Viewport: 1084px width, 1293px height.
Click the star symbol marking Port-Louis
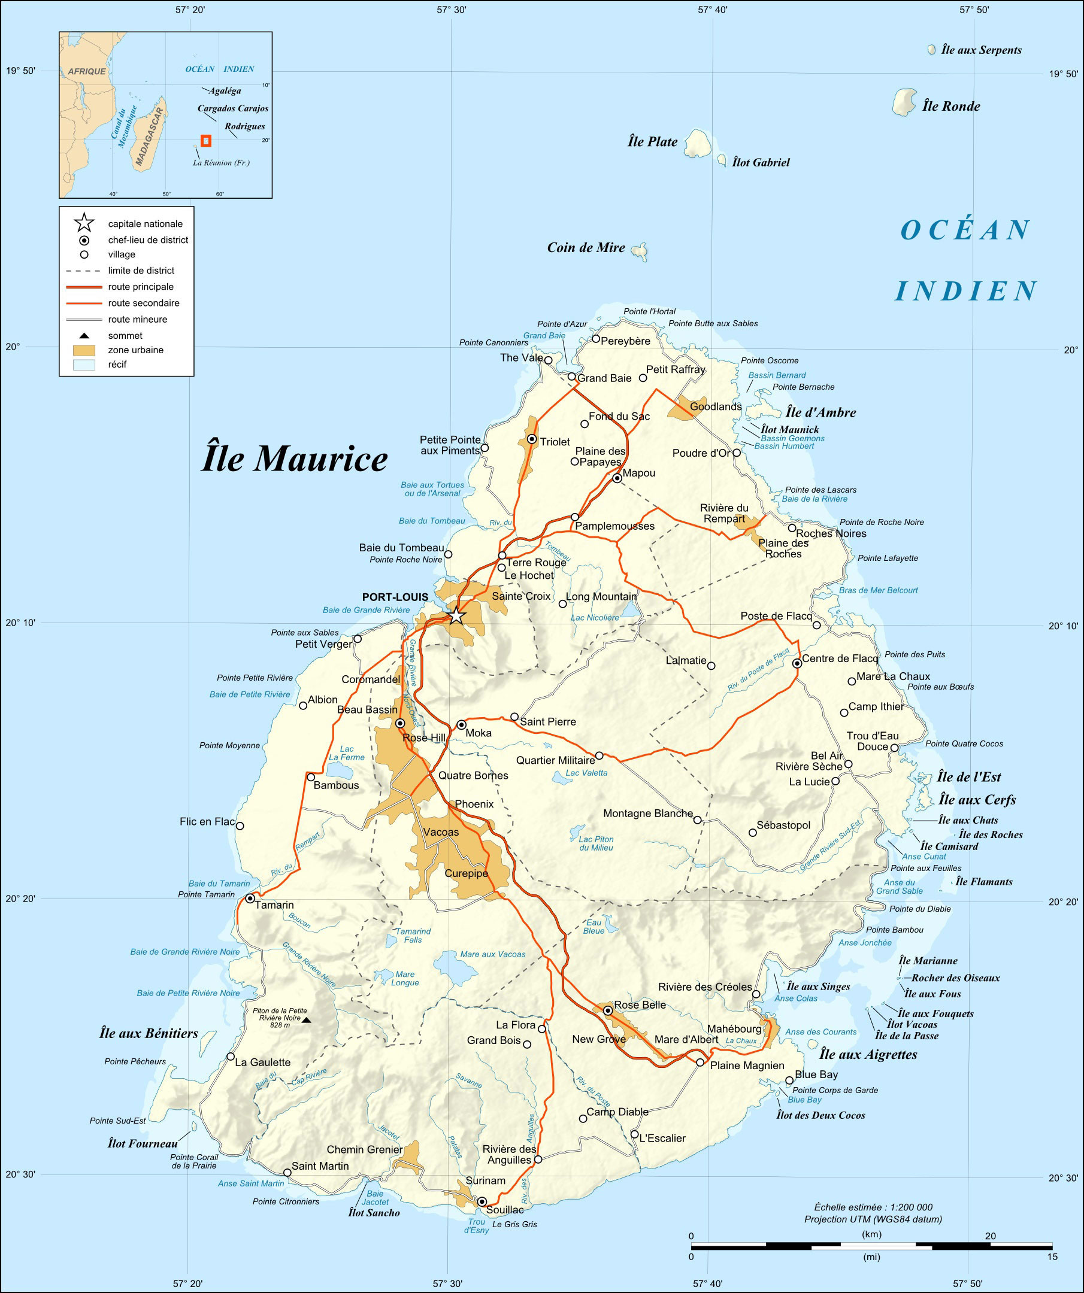pyautogui.click(x=455, y=615)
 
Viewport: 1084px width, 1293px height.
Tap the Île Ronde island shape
pyautogui.click(x=904, y=102)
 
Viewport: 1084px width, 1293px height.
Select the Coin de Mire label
pyautogui.click(x=586, y=247)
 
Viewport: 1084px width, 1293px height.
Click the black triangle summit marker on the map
pyautogui.click(x=306, y=1020)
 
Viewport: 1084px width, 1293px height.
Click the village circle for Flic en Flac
pyautogui.click(x=240, y=825)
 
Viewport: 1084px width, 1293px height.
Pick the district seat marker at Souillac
pyautogui.click(x=482, y=1201)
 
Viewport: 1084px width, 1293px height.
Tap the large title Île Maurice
pyautogui.click(x=295, y=459)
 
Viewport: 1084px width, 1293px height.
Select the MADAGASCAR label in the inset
pyautogui.click(x=150, y=137)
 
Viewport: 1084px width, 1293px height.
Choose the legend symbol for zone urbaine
pyautogui.click(x=84, y=350)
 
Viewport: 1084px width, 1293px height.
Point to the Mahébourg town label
pyautogui.click(x=734, y=1029)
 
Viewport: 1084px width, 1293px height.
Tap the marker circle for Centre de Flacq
pyautogui.click(x=797, y=663)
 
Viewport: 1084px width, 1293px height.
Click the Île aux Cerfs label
pyautogui.click(x=977, y=800)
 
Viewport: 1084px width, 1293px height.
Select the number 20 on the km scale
pyautogui.click(x=990, y=1236)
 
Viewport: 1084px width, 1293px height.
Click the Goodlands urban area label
pyautogui.click(x=715, y=406)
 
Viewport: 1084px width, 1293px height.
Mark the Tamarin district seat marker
pyautogui.click(x=250, y=899)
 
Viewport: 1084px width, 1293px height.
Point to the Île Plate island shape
pyautogui.click(x=698, y=144)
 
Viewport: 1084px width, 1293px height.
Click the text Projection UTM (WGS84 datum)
pyautogui.click(x=873, y=1219)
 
